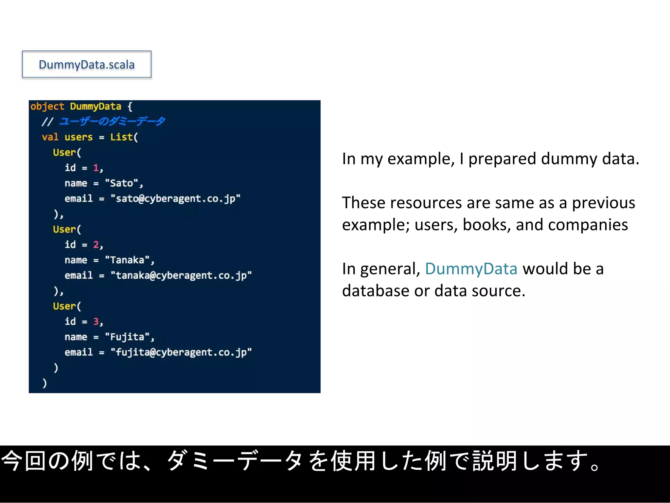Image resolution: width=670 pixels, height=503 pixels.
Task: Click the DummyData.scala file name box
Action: tap(87, 65)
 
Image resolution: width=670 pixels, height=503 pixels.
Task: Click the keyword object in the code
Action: tap(47, 106)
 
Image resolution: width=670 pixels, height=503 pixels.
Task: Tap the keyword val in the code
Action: tap(50, 137)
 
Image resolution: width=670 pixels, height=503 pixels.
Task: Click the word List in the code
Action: tap(121, 137)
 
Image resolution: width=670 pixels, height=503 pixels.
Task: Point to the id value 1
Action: tap(96, 168)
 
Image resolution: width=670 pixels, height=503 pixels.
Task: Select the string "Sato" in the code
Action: tap(121, 183)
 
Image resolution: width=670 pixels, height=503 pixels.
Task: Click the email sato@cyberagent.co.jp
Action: tap(175, 198)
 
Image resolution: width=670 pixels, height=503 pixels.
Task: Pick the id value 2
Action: tap(96, 245)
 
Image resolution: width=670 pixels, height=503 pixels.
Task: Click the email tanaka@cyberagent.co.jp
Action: tap(181, 275)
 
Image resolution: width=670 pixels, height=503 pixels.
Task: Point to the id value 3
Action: tap(96, 322)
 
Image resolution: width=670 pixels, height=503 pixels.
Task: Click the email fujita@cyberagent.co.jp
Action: tap(181, 352)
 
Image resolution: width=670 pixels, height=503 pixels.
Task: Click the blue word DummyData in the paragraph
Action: tap(471, 269)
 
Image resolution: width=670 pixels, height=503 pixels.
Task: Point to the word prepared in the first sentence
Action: tap(502, 159)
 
